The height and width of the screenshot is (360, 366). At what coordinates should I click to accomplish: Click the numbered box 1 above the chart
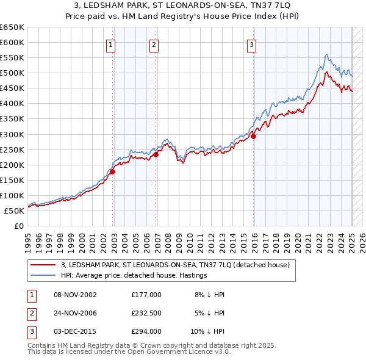tap(111, 44)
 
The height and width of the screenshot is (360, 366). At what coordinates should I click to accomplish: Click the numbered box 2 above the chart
tap(154, 44)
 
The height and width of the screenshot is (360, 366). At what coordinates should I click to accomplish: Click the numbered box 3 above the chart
tap(252, 44)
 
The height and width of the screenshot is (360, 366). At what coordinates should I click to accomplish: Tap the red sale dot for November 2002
tap(113, 171)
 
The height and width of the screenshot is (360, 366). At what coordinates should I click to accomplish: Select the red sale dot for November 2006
tap(156, 154)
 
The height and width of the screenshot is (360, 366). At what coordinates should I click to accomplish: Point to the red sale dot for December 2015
tap(254, 136)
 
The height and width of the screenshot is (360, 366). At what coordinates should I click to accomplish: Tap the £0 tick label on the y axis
tap(18, 226)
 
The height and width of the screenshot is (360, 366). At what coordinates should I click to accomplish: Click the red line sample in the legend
tap(43, 265)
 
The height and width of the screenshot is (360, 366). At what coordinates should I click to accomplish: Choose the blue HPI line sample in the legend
tap(43, 275)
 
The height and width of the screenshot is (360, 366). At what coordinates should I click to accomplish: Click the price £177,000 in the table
tap(146, 295)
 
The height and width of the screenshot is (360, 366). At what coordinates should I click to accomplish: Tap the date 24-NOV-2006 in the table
tap(75, 313)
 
